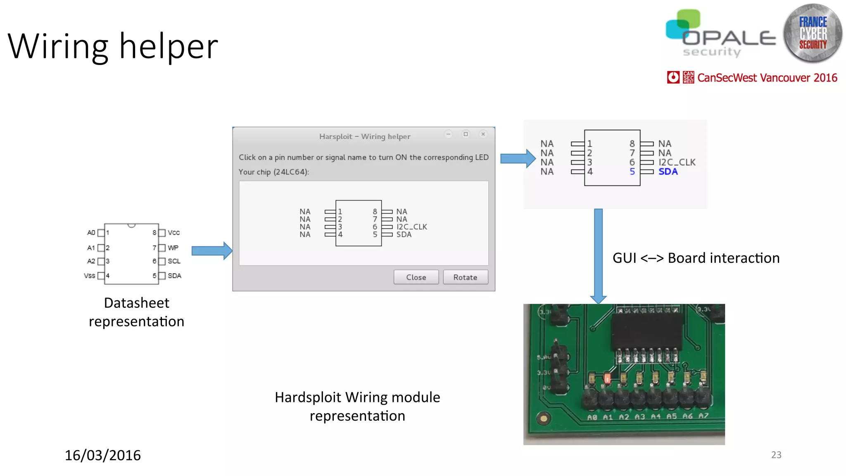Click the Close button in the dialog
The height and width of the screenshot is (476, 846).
[x=416, y=277]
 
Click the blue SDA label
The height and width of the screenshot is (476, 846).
[x=668, y=171]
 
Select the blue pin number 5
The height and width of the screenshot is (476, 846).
[x=632, y=171]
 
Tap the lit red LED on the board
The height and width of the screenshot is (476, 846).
[x=607, y=378]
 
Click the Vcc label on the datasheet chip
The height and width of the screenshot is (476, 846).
[x=173, y=233]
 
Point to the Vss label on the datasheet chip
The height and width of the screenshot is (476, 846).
[x=89, y=276]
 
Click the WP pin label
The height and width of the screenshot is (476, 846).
[x=173, y=248]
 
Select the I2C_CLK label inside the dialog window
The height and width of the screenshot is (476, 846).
[x=411, y=227]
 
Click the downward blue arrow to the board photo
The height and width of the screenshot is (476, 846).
[x=598, y=256]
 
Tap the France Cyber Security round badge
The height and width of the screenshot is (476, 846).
[x=813, y=33]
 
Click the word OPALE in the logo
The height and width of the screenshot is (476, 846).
[x=729, y=38]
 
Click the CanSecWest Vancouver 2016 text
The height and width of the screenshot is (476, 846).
[x=767, y=78]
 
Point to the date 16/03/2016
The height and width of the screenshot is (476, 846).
[x=102, y=455]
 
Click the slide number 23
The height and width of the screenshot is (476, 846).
[x=776, y=455]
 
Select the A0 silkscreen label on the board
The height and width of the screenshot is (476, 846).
[x=592, y=417]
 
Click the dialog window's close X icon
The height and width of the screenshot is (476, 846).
[x=483, y=134]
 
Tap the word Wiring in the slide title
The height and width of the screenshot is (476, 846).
[x=58, y=46]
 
